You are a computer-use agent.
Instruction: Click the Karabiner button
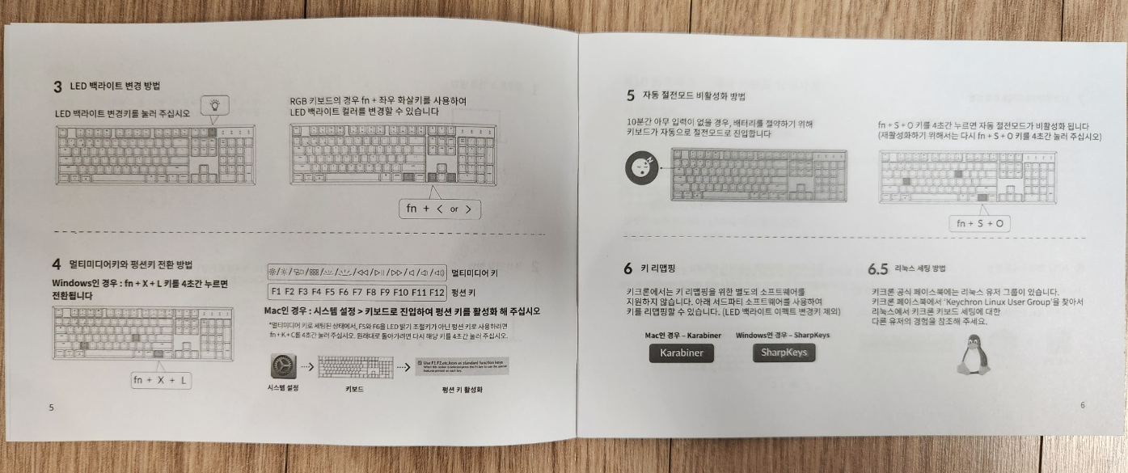(x=681, y=353)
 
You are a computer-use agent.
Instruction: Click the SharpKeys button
(x=783, y=353)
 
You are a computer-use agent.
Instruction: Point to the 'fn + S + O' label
(x=979, y=223)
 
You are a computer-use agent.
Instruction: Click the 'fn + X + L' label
(x=162, y=380)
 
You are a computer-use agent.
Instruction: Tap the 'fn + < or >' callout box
(x=440, y=209)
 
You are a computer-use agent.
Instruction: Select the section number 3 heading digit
(x=57, y=86)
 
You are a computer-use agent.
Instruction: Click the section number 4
(x=57, y=264)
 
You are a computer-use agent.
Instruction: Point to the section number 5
(x=630, y=95)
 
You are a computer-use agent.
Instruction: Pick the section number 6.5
(x=878, y=268)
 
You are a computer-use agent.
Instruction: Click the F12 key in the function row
(x=437, y=291)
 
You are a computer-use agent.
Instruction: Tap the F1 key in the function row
(x=276, y=291)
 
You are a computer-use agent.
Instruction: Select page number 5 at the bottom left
(x=51, y=408)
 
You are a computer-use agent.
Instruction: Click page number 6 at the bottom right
(x=1083, y=405)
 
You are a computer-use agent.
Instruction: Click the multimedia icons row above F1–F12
(x=356, y=272)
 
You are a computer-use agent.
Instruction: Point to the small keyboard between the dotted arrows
(x=355, y=368)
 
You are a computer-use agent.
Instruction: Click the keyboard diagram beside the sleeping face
(x=758, y=175)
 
